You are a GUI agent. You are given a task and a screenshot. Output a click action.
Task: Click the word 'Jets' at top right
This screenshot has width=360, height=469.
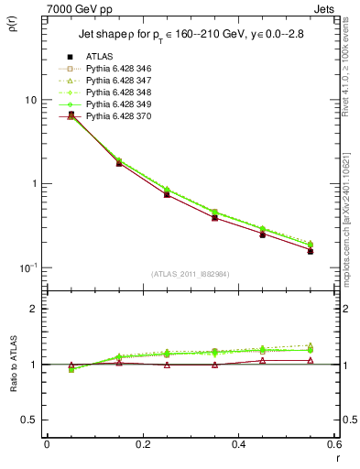327,7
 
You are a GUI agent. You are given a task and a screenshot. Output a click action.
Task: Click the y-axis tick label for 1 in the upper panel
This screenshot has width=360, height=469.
35,183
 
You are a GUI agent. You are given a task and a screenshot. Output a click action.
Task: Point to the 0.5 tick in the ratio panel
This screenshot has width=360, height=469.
30,420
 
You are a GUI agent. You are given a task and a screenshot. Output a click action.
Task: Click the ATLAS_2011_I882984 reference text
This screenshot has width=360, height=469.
190,274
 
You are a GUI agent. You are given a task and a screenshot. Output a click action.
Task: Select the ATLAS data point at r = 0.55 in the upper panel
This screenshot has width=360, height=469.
310,250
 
